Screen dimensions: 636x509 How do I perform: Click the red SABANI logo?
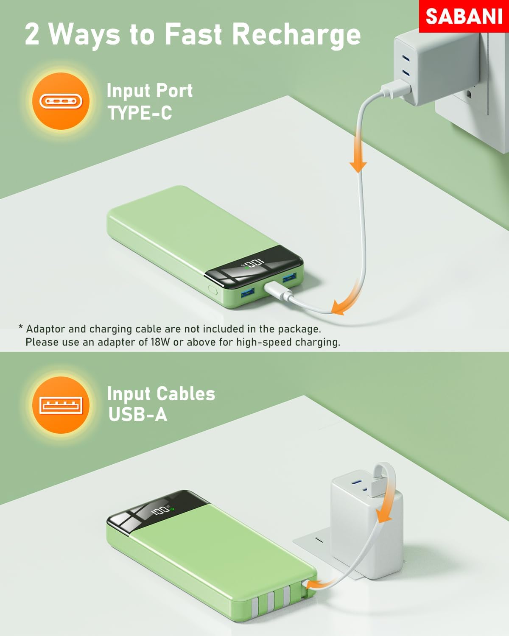tap(464, 16)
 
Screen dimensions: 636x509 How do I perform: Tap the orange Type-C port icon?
tap(61, 101)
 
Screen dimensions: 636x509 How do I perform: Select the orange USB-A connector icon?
tap(61, 405)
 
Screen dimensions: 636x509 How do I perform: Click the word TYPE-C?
tap(140, 113)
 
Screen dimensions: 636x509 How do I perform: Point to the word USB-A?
tap(138, 414)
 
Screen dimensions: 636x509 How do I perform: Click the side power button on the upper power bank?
tap(213, 290)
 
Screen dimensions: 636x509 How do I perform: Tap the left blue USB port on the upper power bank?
tap(248, 293)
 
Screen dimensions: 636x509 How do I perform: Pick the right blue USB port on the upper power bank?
tap(289, 278)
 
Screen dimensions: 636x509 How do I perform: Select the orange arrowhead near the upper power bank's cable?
tap(339, 307)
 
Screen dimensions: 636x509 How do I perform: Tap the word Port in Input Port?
tap(174, 91)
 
